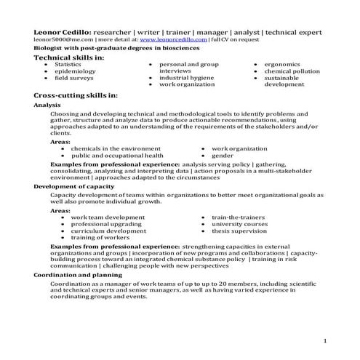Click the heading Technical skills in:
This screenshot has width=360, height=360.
[x=69, y=57]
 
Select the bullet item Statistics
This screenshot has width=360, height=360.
[x=68, y=65]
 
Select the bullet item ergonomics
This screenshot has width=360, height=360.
[x=280, y=65]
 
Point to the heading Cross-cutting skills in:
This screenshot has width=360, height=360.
[x=79, y=95]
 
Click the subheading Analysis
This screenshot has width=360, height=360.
[x=48, y=105]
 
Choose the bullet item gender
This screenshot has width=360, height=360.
[x=223, y=155]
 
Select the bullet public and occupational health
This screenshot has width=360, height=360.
[x=117, y=155]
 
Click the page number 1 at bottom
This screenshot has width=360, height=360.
[x=324, y=340]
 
